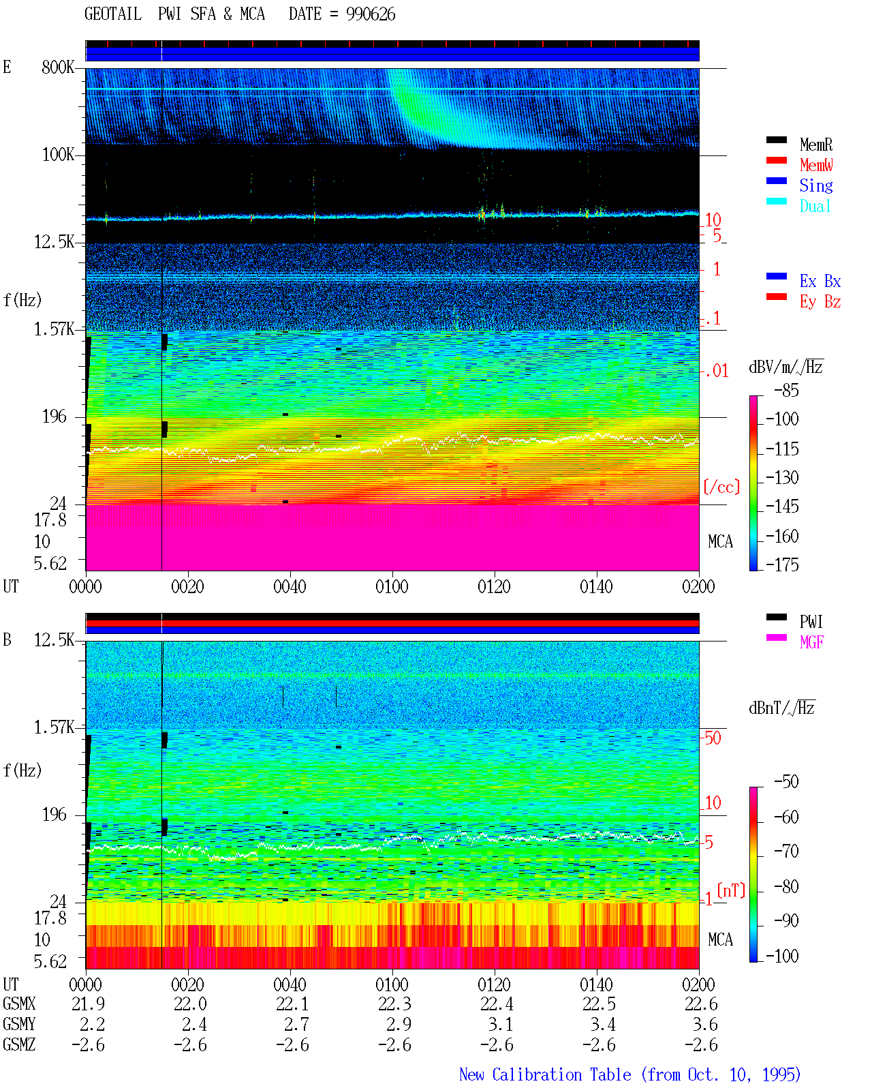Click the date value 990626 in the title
[371, 14]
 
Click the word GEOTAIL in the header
[113, 14]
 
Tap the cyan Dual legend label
[815, 206]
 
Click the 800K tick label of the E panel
[58, 67]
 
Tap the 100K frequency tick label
[58, 155]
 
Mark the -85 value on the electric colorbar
[786, 391]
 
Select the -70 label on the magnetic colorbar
[786, 851]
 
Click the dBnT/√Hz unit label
[782, 708]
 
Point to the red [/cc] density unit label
[721, 487]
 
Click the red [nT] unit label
[731, 890]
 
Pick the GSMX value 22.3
[395, 1004]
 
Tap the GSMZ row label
[19, 1044]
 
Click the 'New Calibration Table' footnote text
[545, 1075]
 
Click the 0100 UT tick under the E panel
[392, 587]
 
